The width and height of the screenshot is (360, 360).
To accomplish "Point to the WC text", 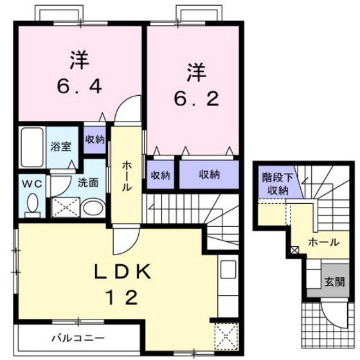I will (33, 183).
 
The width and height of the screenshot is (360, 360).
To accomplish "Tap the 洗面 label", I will (87, 182).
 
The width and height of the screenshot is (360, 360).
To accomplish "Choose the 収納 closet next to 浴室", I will (94, 139).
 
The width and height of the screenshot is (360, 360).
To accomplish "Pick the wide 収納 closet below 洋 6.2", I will (208, 174).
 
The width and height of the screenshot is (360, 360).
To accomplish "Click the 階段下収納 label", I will (274, 183).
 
